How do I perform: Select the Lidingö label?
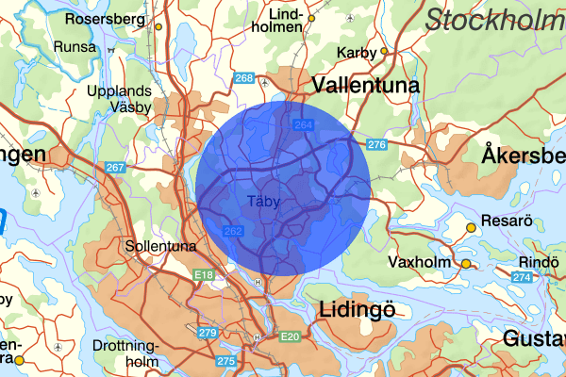click(x=356, y=309)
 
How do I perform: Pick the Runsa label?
click(x=75, y=46)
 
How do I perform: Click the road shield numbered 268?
click(x=244, y=78)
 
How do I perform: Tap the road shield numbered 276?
click(x=377, y=144)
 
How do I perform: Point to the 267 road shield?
click(x=115, y=168)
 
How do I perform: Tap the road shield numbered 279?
click(x=208, y=333)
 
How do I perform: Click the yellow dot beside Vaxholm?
click(x=465, y=264)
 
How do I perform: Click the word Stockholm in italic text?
click(x=494, y=19)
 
